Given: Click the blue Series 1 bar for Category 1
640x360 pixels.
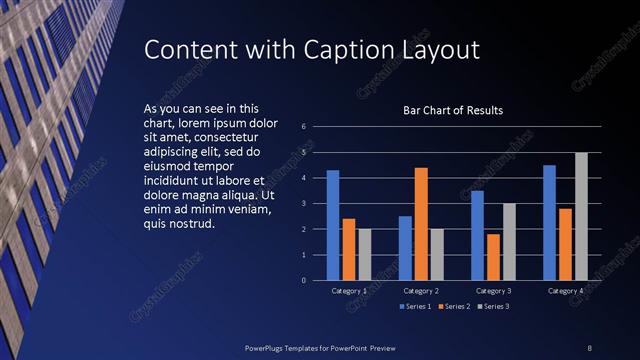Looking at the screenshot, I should tap(333, 225).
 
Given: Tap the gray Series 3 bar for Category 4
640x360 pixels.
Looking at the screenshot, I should tap(581, 216).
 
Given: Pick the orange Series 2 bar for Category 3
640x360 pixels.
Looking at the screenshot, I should tap(493, 257).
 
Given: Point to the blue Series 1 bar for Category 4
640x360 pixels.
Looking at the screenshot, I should tap(549, 222).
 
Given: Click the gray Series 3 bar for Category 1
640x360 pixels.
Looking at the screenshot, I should tap(364, 254).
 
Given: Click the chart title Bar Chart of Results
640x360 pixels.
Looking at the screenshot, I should tap(452, 110).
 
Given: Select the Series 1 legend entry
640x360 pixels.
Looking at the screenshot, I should tap(415, 305).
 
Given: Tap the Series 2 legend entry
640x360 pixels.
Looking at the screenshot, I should tap(452, 305).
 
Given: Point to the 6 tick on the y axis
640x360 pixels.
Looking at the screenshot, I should tap(303, 127).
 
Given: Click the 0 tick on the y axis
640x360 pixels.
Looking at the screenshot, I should tap(303, 281).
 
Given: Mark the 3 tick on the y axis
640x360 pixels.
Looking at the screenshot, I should tap(303, 204).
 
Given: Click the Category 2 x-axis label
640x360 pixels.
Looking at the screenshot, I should tap(420, 291).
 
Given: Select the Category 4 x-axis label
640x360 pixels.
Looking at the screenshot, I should tap(565, 291).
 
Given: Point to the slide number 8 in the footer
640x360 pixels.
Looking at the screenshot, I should tap(589, 347).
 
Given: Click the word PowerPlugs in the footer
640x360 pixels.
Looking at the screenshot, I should tap(269, 347).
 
